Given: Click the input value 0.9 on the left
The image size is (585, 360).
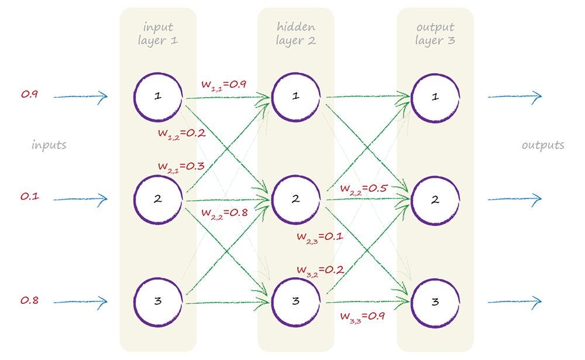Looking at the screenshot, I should (29, 94).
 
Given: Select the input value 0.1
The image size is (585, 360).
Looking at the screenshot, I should (29, 197).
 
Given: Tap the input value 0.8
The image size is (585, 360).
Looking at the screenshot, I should (29, 300).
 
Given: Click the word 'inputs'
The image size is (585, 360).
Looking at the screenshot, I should (49, 145).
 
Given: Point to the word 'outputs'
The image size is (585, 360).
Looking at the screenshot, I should (543, 145).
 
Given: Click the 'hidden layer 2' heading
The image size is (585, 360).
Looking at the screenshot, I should (295, 34).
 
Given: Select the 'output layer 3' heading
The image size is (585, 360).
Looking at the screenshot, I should (435, 34).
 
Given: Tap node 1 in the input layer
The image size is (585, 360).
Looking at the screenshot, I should (158, 97).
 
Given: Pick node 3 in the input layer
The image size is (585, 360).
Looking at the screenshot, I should (158, 302).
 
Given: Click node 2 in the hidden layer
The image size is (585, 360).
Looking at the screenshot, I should (296, 200).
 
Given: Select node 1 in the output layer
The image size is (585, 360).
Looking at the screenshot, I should (435, 97).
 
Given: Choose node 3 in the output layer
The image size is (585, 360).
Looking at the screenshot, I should (435, 302).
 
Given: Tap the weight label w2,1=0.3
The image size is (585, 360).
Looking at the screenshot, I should (181, 166).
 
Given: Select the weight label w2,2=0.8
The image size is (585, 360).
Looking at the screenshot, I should (225, 212).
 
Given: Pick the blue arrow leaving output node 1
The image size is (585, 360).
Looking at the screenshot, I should (515, 97).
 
